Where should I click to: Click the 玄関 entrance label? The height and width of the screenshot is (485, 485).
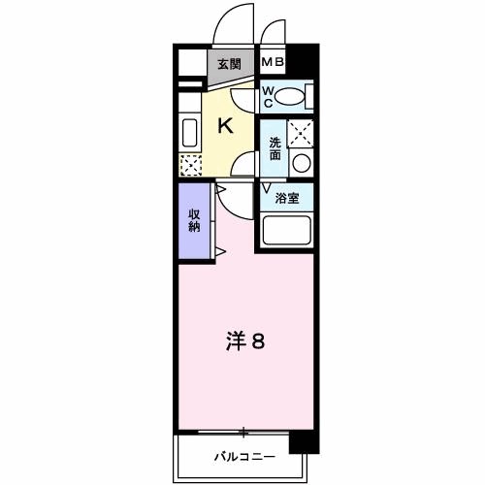coord(229,65)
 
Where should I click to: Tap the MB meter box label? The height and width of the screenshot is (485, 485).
coord(273,64)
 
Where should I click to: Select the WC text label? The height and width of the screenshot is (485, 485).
coord(270,97)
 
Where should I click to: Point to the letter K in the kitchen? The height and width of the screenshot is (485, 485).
coord(224,125)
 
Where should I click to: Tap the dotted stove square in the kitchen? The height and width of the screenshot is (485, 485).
coord(189,164)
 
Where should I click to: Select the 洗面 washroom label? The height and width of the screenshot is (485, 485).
coord(275,148)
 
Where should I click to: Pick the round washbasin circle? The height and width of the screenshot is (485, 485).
coord(302,162)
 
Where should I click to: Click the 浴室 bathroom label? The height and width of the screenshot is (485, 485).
coord(287,199)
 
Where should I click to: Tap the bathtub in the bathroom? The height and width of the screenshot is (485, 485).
coord(287,232)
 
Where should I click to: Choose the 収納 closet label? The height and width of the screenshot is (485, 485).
coord(194,221)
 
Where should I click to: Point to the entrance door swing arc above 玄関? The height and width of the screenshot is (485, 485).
coord(233,24)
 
